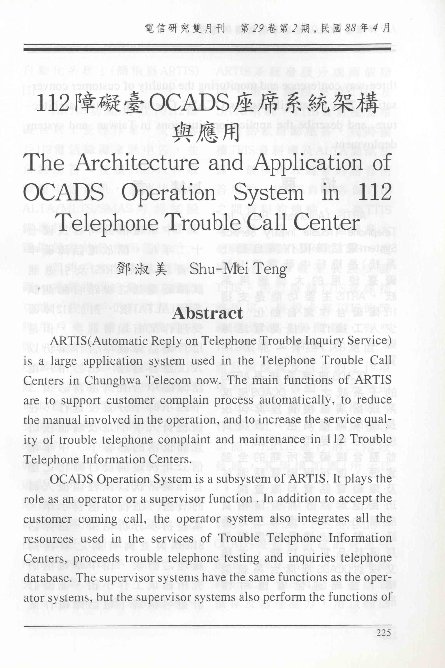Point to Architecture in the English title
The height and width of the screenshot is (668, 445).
pos(137,163)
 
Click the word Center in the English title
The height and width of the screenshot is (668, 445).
pos(326,223)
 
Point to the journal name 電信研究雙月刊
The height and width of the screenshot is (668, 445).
pos(185,28)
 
